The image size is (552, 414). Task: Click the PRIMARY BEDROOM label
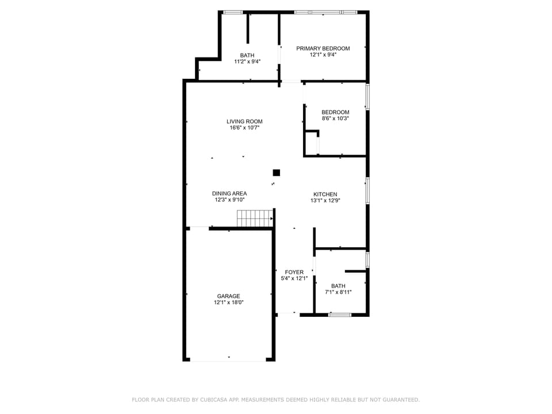tap(323, 48)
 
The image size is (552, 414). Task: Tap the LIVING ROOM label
tap(244, 121)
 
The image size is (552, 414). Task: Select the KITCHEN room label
tap(325, 194)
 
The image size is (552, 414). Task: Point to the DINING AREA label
tap(229, 194)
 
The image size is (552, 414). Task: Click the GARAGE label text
tap(228, 296)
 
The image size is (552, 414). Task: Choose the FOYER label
tap(294, 272)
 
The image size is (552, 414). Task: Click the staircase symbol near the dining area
tap(254, 218)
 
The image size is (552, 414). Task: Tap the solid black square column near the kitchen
tap(276, 172)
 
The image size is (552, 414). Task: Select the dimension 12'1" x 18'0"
tap(229, 302)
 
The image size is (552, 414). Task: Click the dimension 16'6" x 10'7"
tap(244, 128)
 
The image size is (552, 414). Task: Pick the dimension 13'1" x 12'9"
tap(325, 201)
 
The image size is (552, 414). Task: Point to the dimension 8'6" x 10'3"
tap(335, 118)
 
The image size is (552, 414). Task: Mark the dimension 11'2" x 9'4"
tap(247, 62)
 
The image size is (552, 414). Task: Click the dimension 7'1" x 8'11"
tap(338, 292)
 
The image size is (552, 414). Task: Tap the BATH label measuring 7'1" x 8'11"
tap(338, 286)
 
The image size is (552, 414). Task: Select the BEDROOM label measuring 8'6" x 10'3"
tap(335, 112)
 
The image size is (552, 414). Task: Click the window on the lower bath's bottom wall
tap(340, 315)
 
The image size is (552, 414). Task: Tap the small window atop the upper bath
tap(232, 11)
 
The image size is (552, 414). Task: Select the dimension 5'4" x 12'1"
tap(294, 278)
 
